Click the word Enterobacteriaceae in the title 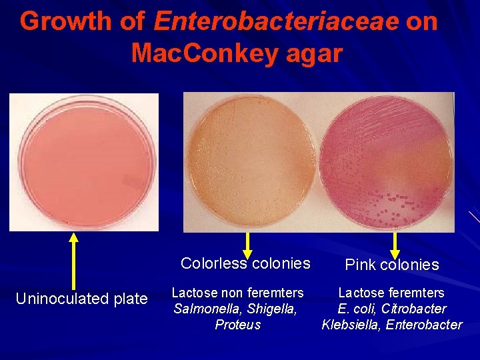point(276,22)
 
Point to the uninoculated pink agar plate point(84,162)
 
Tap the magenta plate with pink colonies point(389,161)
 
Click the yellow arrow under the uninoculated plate point(74,259)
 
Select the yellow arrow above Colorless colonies point(248,244)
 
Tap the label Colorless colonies point(245,263)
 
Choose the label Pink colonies point(392,265)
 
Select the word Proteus point(237,325)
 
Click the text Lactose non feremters point(237,293)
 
